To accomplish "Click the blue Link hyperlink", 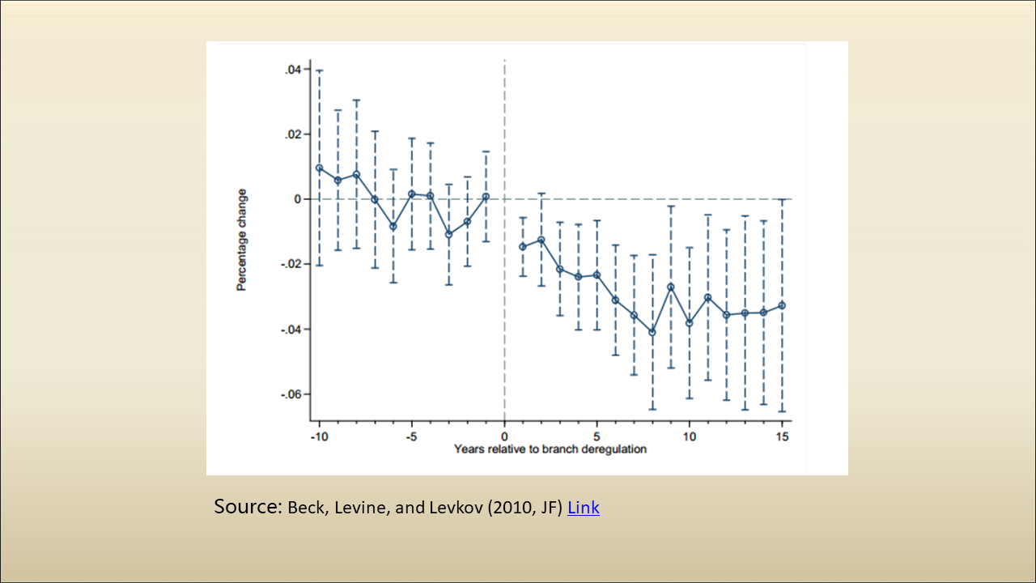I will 583,509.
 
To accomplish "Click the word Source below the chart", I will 247,507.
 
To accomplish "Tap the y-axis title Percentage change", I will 242,240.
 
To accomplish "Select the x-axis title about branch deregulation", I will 550,449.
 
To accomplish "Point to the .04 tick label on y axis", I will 293,70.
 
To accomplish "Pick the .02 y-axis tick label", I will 293,134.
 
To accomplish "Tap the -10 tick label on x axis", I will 319,436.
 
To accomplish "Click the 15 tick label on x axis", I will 782,436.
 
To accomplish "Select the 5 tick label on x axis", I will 597,436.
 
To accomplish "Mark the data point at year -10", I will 319,168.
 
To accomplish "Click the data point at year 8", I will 652,332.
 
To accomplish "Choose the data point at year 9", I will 671,287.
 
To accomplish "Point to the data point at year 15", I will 782,305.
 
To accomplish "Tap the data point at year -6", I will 393,227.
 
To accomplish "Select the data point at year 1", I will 523,247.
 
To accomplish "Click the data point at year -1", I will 486,197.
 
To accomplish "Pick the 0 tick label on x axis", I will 504,436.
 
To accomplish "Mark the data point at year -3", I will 448,235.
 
